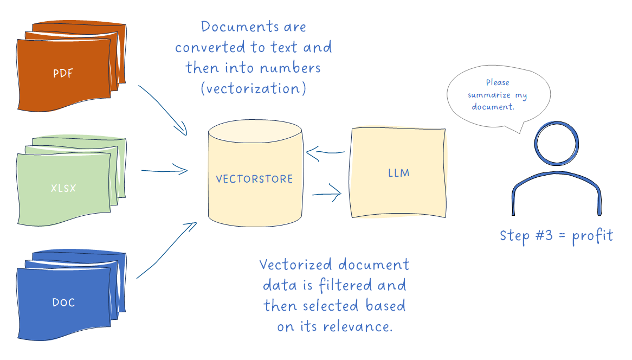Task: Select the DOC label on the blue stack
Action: (x=63, y=303)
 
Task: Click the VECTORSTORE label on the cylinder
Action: (x=254, y=179)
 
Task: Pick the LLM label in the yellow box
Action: (x=398, y=173)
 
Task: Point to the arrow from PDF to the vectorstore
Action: (x=163, y=108)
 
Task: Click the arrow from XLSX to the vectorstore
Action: (x=164, y=171)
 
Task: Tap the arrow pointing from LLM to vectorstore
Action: (x=325, y=152)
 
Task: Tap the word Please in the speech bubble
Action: (x=497, y=82)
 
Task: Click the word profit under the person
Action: (x=592, y=236)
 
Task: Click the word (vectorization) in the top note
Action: (x=253, y=88)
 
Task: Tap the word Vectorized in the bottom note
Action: (x=295, y=265)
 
